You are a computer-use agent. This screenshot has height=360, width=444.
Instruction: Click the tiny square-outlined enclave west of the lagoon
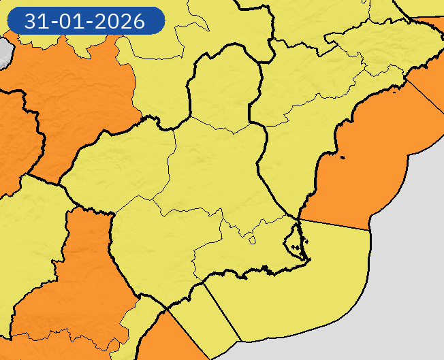(252, 240)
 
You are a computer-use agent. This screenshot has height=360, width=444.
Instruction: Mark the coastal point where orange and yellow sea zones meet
(299, 219)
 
